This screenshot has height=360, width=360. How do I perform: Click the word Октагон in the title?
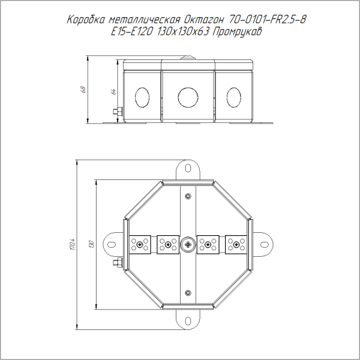[x=203, y=20]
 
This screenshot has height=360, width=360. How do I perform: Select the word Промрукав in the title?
[x=237, y=32]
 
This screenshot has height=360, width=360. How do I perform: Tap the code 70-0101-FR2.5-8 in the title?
[x=267, y=20]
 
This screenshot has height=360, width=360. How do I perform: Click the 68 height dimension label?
[x=84, y=89]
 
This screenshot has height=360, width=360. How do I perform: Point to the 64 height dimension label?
[x=113, y=92]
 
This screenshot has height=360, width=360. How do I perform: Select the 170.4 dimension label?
[x=73, y=244]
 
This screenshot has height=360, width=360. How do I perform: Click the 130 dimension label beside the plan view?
[x=92, y=244]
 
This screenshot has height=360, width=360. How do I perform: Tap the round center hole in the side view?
[x=188, y=97]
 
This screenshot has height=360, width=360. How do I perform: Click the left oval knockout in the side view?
[x=142, y=97]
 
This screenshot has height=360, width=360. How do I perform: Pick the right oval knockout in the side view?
[x=234, y=97]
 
